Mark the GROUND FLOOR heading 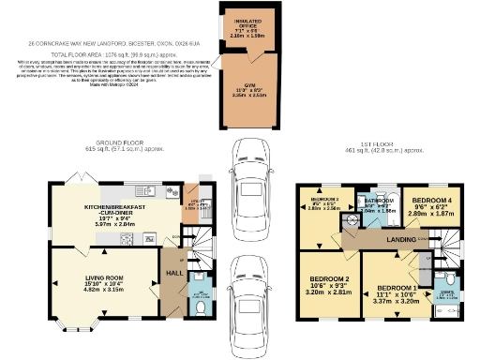pyautogui.click(x=112, y=142)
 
